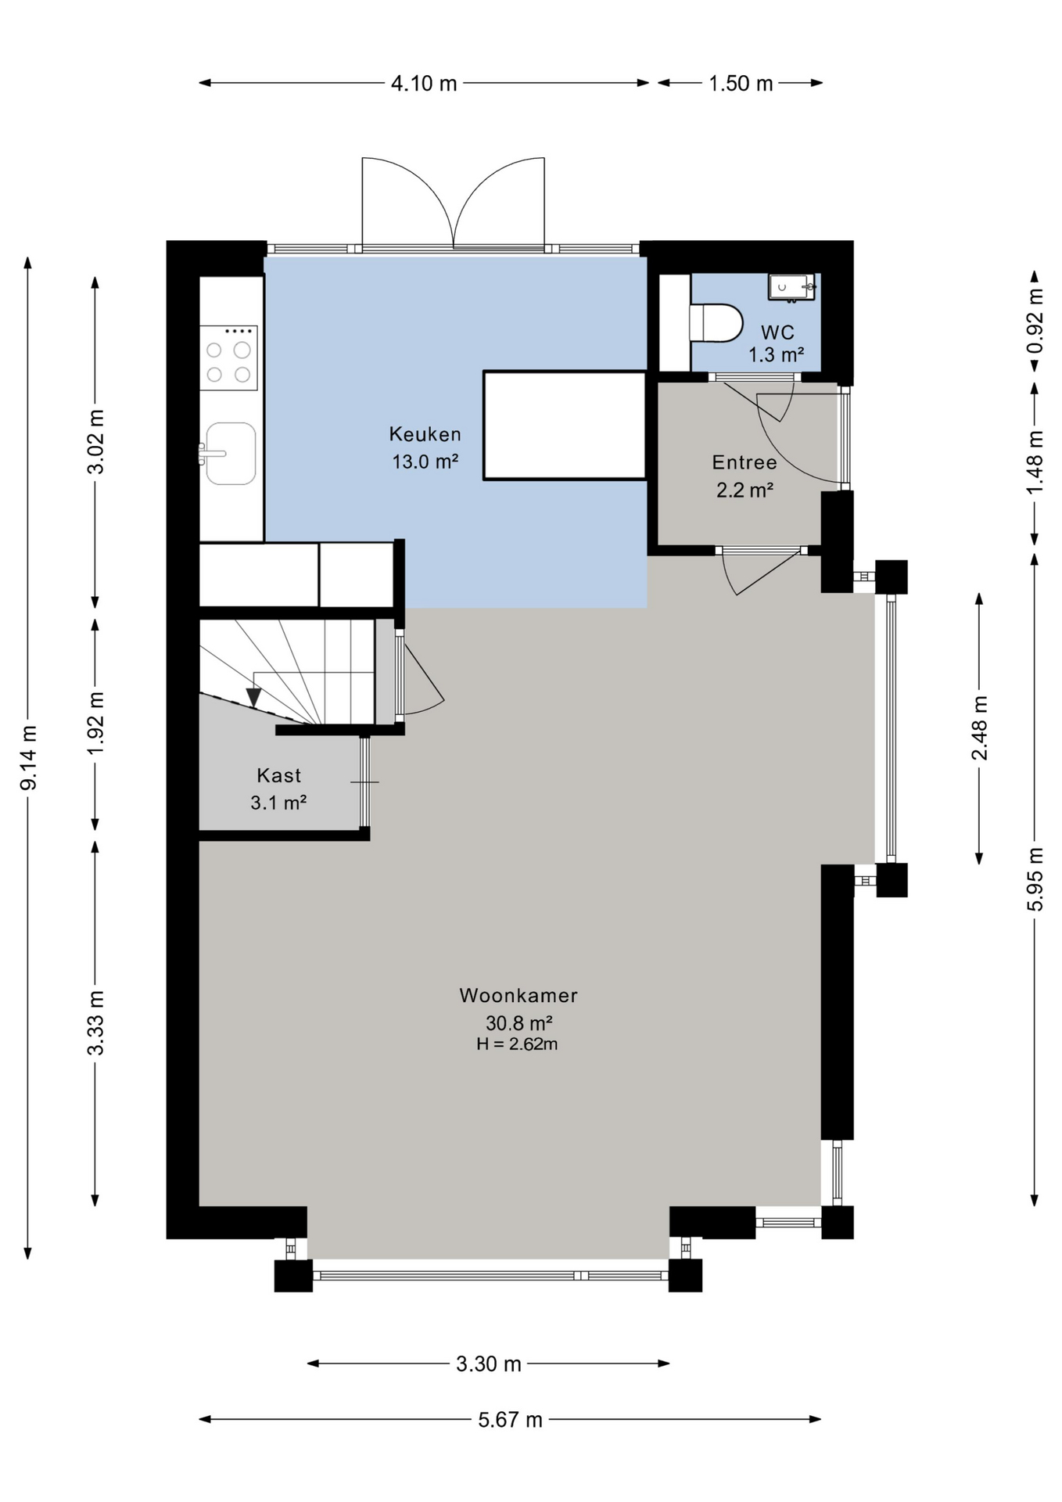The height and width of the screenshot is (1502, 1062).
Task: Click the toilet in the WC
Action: pyautogui.click(x=716, y=322)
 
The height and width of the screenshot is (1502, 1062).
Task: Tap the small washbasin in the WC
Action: pyautogui.click(x=791, y=287)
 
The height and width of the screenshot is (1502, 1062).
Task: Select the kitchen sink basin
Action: pyautogui.click(x=231, y=454)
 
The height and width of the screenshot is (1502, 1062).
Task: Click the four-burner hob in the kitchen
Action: pyautogui.click(x=228, y=358)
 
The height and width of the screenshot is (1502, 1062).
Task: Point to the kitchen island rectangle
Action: pyautogui.click(x=565, y=426)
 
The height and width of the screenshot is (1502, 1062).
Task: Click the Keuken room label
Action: pyautogui.click(x=425, y=434)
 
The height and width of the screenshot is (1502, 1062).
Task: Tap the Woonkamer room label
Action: pyautogui.click(x=518, y=996)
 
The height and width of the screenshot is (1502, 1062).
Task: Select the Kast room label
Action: pyautogui.click(x=279, y=775)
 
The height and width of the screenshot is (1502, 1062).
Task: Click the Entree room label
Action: pyautogui.click(x=744, y=462)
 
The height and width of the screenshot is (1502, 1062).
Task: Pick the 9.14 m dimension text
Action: pyautogui.click(x=28, y=757)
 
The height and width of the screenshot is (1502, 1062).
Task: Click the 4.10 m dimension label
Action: pyautogui.click(x=424, y=83)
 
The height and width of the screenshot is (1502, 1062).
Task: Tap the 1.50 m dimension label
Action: pyautogui.click(x=741, y=83)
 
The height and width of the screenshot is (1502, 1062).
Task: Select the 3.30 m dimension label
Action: pyautogui.click(x=489, y=1364)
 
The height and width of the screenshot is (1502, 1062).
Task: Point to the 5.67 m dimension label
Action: pyautogui.click(x=510, y=1419)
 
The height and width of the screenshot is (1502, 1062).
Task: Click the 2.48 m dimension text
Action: pyautogui.click(x=979, y=728)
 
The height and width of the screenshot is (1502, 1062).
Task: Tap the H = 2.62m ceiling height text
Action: pyautogui.click(x=517, y=1044)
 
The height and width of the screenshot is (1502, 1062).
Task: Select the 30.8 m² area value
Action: pyautogui.click(x=519, y=1023)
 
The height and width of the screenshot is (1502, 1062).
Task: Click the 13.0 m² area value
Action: pyautogui.click(x=425, y=462)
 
